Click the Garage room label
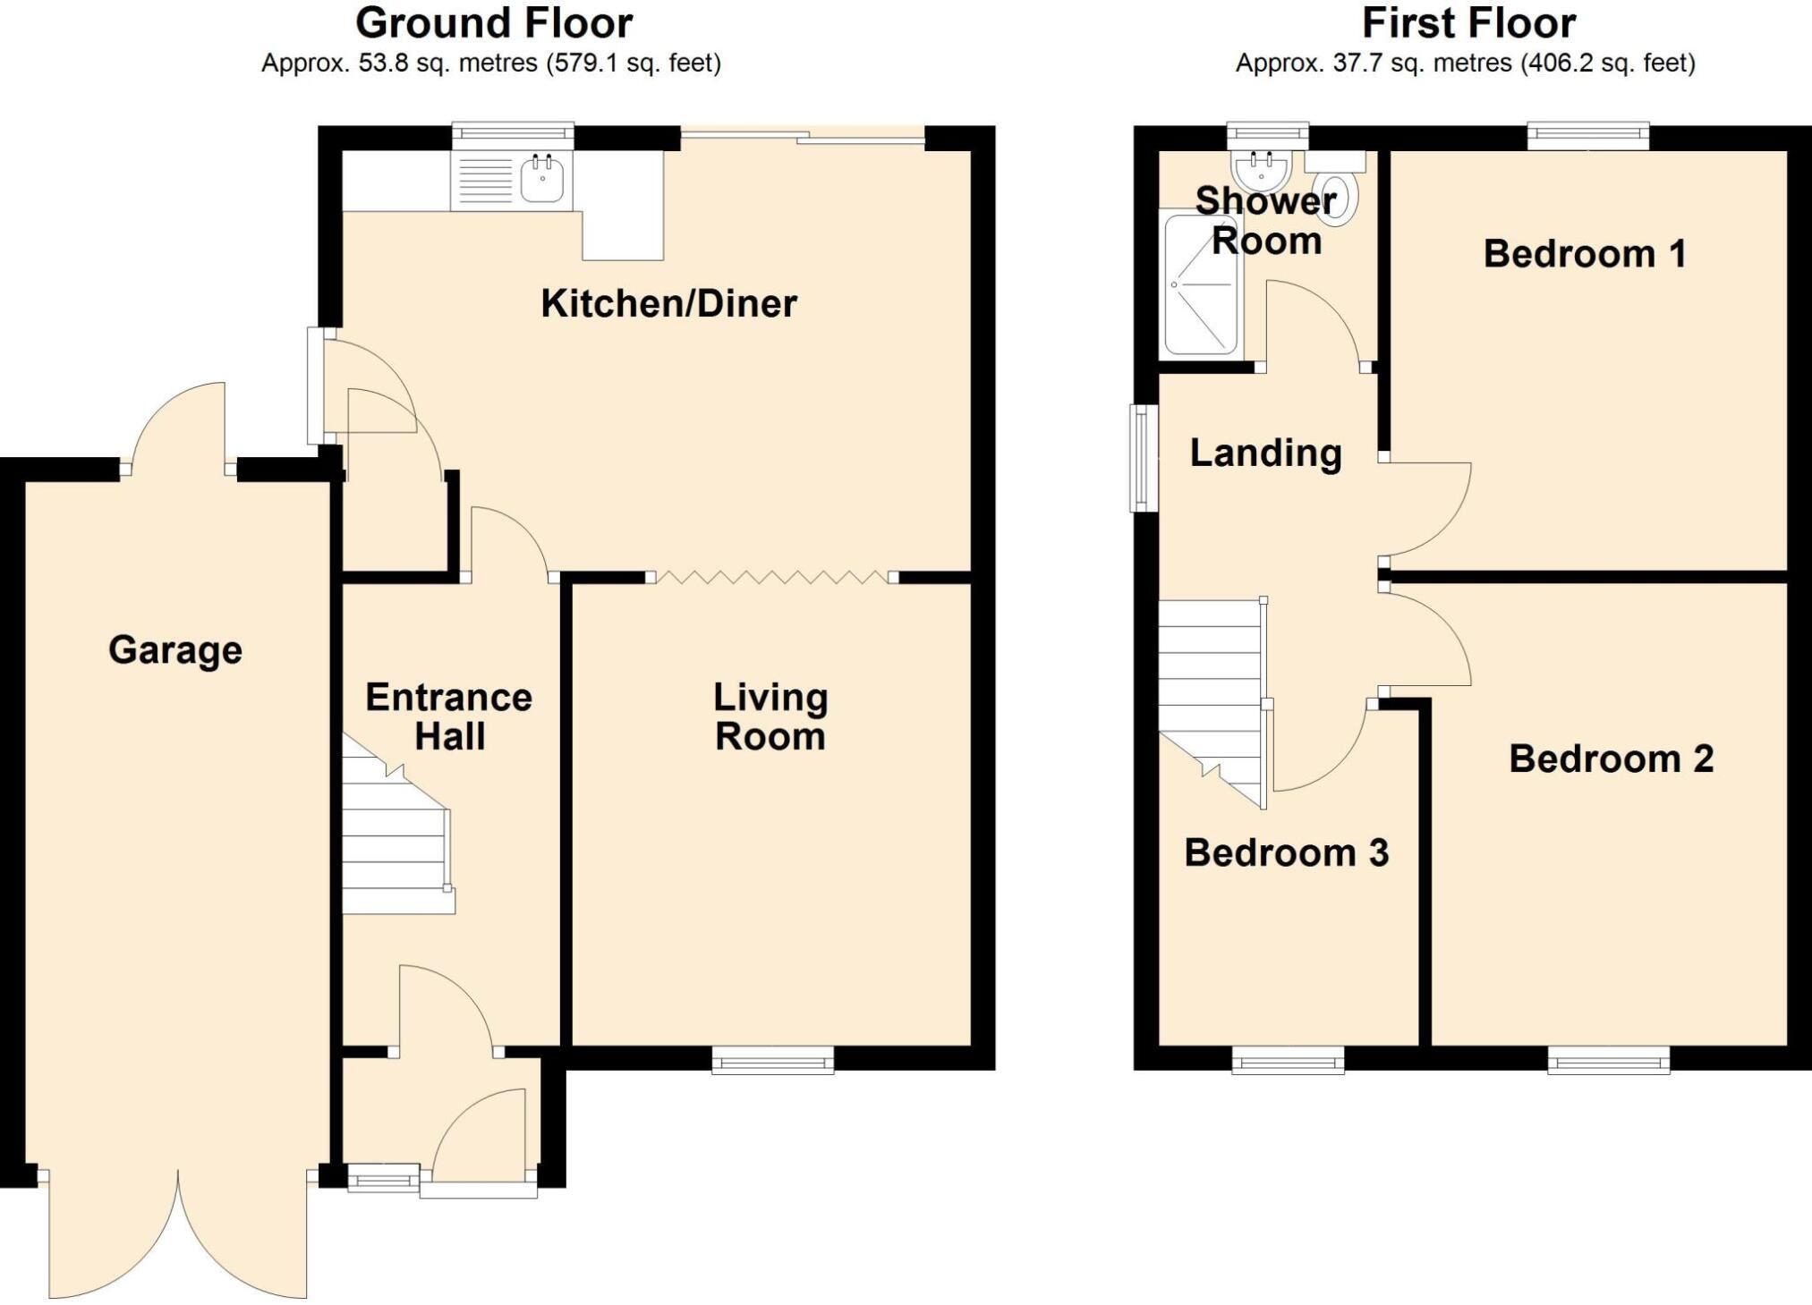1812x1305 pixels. (175, 650)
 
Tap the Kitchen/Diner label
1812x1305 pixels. (668, 303)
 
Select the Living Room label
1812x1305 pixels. (770, 716)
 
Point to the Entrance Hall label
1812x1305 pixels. (449, 716)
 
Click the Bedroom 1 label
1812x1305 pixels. (1585, 253)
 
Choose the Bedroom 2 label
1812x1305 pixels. (1611, 758)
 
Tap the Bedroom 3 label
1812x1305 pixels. (1286, 852)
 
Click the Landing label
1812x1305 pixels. (1265, 453)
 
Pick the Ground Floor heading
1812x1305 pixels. (494, 23)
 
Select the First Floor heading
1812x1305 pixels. (1468, 23)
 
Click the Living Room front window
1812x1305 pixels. (773, 1062)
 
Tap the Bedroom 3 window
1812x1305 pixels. (1288, 1062)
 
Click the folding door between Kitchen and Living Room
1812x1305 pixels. (772, 578)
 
